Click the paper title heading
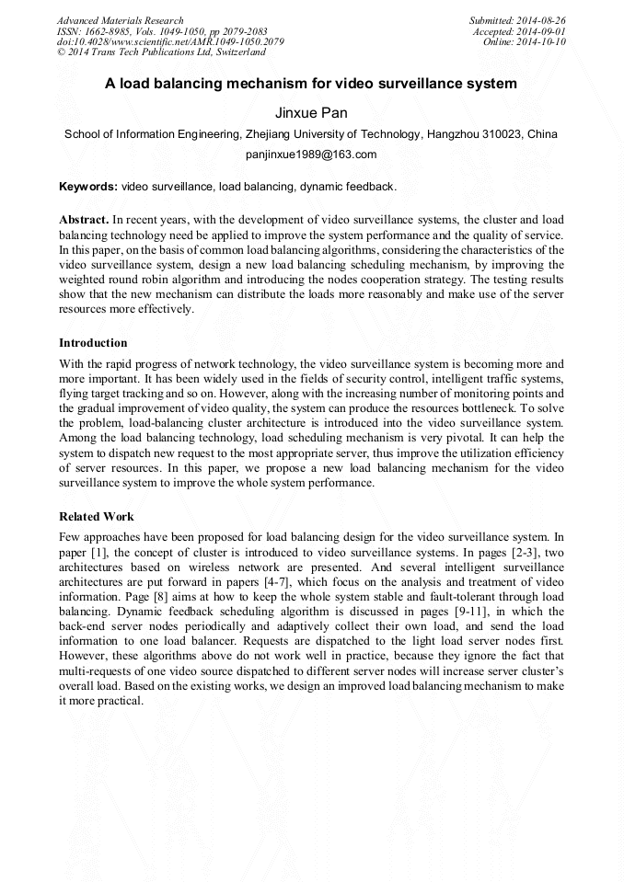click(x=311, y=84)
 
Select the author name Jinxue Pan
click(x=311, y=112)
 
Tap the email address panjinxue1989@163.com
click(x=311, y=155)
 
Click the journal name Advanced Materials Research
click(x=120, y=20)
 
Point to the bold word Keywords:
click(x=88, y=186)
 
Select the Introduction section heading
click(x=93, y=343)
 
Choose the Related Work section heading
click(x=96, y=517)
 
